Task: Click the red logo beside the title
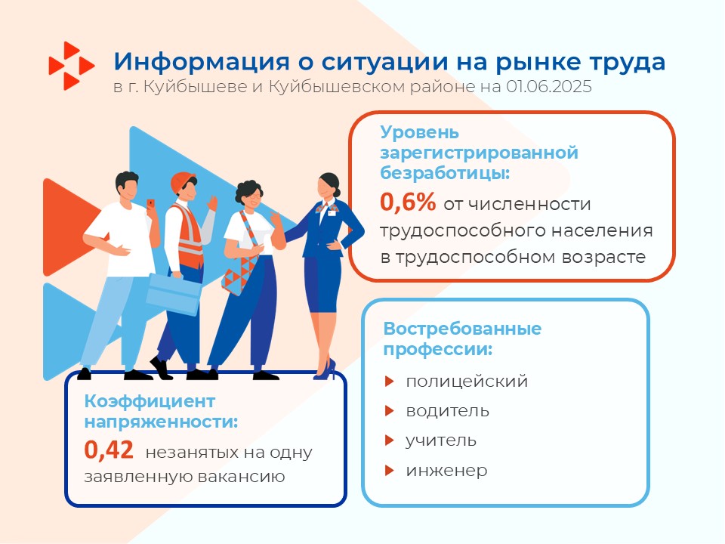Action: click(x=72, y=66)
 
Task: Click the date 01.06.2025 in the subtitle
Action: click(x=549, y=87)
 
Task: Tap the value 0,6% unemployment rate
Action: click(x=408, y=202)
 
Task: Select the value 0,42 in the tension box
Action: click(x=109, y=450)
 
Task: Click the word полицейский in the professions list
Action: click(x=467, y=382)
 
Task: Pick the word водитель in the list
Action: click(x=448, y=411)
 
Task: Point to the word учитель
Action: click(x=441, y=440)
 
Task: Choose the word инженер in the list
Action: click(x=446, y=471)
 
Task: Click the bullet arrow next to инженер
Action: click(x=390, y=471)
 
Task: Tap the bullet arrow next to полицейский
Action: click(x=390, y=381)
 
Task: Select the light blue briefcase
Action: click(x=174, y=294)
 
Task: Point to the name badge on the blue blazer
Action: click(x=332, y=212)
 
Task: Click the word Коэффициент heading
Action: click(x=150, y=401)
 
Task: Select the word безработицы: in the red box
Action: click(x=445, y=173)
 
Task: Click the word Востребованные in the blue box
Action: click(x=462, y=329)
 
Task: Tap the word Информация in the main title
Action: click(x=202, y=62)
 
